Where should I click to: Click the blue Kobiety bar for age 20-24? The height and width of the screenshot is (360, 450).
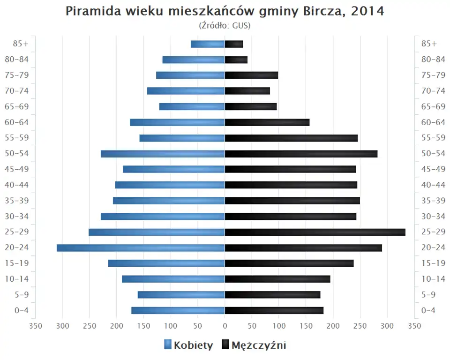click(141, 247)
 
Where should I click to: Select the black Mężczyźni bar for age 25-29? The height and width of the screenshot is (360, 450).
click(315, 232)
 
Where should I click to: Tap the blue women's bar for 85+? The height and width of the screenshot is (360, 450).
click(208, 44)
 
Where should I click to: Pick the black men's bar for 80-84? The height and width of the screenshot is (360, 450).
click(236, 60)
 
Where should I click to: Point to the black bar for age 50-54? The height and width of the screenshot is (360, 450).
click(301, 154)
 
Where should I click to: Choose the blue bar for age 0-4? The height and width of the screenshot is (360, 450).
click(178, 310)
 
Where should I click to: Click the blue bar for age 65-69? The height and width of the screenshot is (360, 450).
click(192, 106)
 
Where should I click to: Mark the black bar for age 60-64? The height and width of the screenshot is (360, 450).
click(267, 122)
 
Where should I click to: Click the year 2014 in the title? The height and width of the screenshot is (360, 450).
click(367, 11)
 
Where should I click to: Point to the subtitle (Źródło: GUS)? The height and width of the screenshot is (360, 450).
click(225, 25)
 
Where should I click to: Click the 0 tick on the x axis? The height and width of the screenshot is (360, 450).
click(225, 325)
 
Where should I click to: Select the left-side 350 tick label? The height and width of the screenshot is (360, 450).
click(36, 325)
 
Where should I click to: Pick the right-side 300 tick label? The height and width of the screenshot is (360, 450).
click(387, 325)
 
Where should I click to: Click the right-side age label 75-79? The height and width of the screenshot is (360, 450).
click(433, 75)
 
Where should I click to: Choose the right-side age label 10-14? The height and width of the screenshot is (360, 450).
click(433, 279)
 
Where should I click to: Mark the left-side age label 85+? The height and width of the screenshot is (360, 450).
click(21, 44)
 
